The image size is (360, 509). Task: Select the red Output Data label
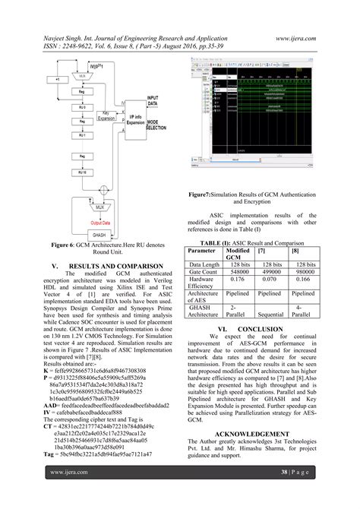tap(101, 223)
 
